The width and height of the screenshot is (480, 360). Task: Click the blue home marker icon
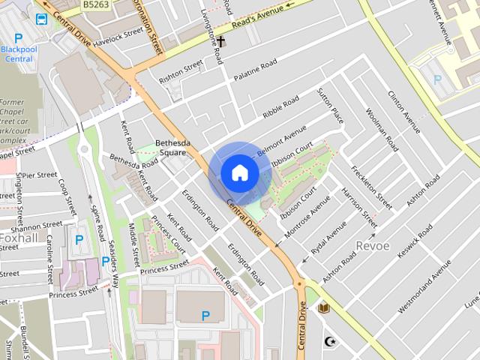click(239, 173)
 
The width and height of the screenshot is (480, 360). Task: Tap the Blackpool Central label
click(17, 53)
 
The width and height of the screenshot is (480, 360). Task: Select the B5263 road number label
click(94, 4)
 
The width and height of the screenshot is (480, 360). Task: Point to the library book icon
click(324, 308)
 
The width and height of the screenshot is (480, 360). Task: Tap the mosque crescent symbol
click(327, 341)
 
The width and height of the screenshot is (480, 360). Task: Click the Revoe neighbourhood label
click(373, 247)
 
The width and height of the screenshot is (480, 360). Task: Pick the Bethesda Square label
click(170, 148)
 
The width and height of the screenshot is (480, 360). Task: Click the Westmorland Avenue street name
click(424, 286)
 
